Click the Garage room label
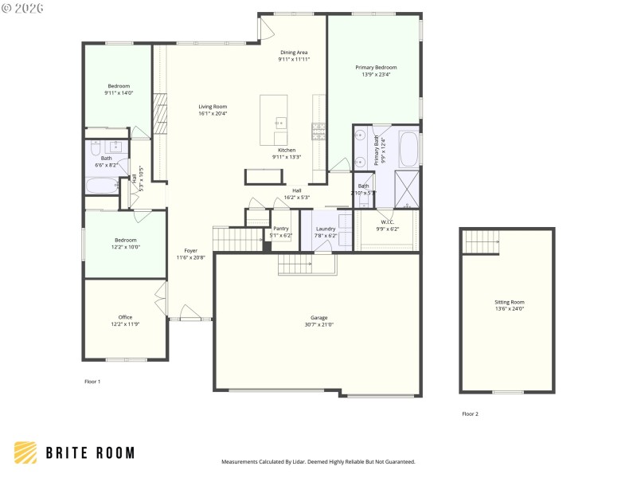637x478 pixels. [318, 318]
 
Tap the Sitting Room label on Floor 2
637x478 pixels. [510, 302]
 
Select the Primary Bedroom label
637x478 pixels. [376, 68]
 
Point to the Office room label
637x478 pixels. [125, 317]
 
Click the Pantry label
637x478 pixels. [281, 229]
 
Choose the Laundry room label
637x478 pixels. [326, 229]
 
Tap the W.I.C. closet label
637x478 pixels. [387, 222]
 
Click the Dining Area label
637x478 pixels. [294, 53]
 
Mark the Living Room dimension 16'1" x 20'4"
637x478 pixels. [213, 113]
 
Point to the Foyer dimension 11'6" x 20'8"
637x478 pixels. [190, 257]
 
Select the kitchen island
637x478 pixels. [274, 119]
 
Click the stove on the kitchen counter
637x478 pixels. [318, 131]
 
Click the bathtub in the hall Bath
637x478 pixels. [102, 186]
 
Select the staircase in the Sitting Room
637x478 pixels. [481, 238]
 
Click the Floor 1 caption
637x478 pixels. [92, 382]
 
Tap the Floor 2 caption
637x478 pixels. [471, 413]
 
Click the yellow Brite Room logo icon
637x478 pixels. [25, 453]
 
